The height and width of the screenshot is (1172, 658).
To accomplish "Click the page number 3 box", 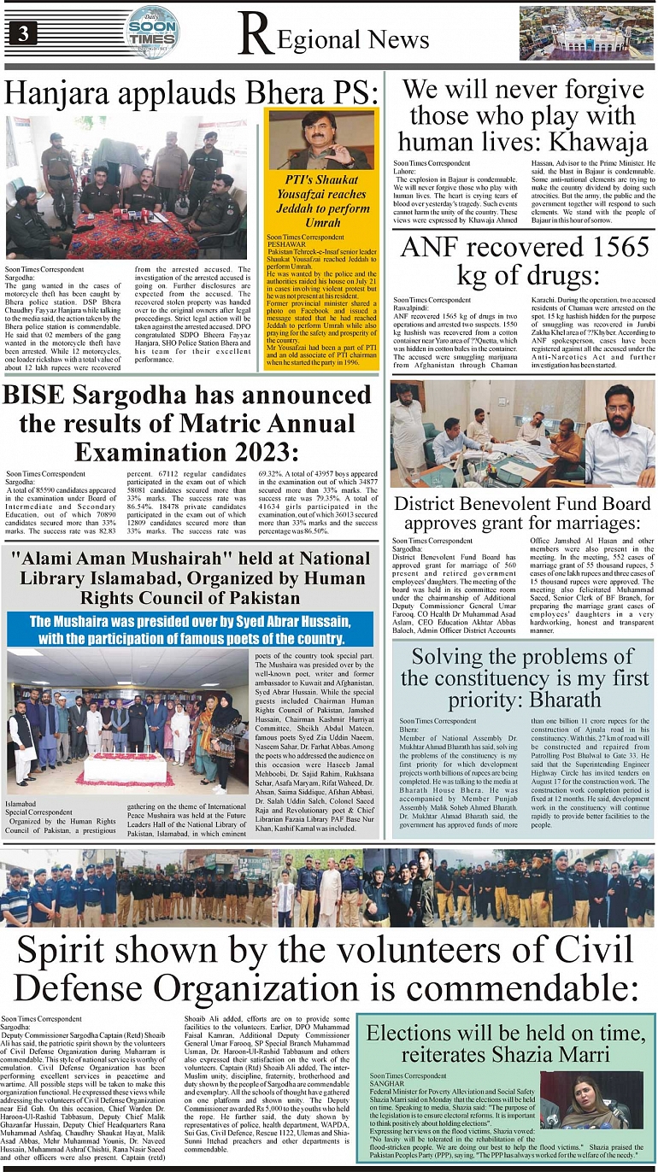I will [x=23, y=32].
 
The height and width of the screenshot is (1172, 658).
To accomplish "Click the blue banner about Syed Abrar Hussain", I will [x=190, y=628].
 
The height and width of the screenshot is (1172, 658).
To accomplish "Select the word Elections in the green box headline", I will [x=410, y=1033].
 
